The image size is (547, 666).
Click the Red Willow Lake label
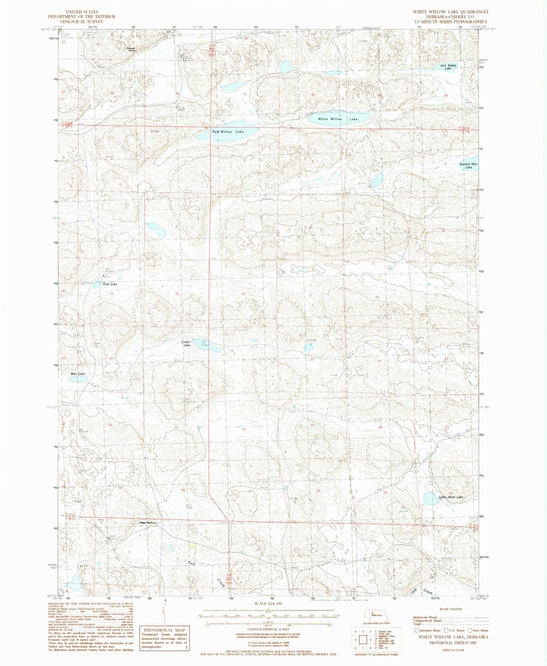tap(228, 131)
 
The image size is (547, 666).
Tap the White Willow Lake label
tap(338, 119)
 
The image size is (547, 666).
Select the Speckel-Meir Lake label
tap(468, 165)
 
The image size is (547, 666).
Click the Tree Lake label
tap(110, 284)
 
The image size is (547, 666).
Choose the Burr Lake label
tap(78, 374)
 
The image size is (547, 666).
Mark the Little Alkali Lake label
tap(450, 497)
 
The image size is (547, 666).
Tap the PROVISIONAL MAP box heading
tap(165, 630)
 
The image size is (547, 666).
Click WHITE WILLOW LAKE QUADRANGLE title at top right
tap(450, 12)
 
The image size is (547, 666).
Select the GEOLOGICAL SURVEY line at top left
tap(81, 22)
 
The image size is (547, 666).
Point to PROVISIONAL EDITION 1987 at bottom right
tap(453, 643)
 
